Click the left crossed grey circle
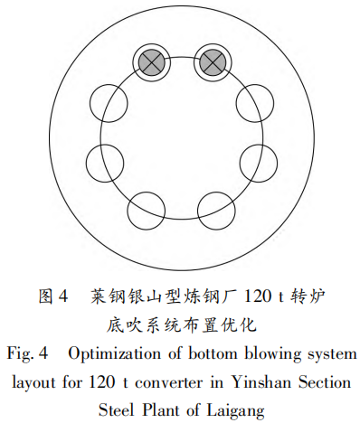click(149, 62)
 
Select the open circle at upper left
click(109, 105)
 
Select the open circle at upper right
click(253, 105)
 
